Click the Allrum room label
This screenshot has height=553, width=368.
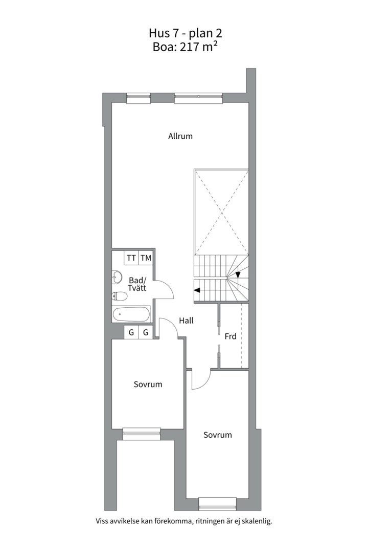180,136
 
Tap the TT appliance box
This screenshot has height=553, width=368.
131,258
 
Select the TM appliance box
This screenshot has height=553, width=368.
146,258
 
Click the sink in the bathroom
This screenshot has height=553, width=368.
117,278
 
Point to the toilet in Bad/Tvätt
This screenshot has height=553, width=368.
119,295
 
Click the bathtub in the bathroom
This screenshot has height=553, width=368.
131,313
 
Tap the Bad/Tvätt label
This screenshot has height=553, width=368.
137,284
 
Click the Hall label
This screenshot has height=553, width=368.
186,321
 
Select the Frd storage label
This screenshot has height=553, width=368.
231,336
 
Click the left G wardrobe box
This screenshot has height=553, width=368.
131,332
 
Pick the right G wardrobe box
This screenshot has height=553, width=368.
146,332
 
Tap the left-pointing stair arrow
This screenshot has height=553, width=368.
197,290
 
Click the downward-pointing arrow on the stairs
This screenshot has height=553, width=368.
238,274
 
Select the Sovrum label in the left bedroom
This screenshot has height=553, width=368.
148,385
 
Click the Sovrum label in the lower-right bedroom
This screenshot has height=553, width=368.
218,435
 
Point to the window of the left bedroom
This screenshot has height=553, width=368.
141,434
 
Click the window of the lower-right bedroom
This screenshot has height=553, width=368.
217,503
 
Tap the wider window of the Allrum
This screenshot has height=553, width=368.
199,98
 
